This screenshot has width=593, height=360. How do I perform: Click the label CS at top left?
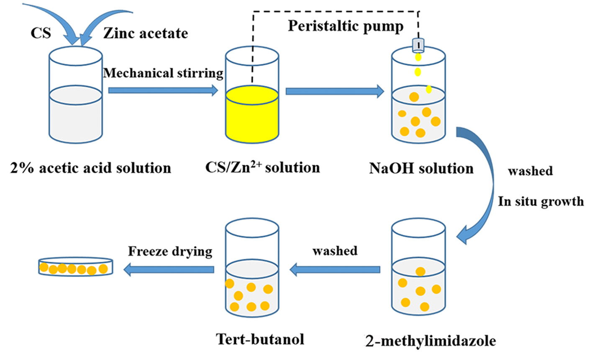41,33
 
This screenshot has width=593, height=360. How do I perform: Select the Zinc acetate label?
146,33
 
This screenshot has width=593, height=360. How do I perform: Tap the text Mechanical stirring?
163,73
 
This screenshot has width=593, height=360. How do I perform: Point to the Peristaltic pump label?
346,26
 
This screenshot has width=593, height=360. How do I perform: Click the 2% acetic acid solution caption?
90,168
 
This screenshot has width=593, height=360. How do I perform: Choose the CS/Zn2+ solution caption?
262,167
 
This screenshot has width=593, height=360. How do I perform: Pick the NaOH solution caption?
421,168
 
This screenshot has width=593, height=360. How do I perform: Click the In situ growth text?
540,201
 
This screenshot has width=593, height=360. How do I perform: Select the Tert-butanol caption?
260,339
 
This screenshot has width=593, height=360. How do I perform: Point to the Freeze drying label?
170,251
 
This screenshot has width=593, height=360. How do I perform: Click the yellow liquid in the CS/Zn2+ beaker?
252,117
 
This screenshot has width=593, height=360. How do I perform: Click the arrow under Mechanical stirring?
163,90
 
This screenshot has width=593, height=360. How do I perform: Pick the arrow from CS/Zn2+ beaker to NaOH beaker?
334,91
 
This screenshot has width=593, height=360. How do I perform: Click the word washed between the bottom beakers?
335,251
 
